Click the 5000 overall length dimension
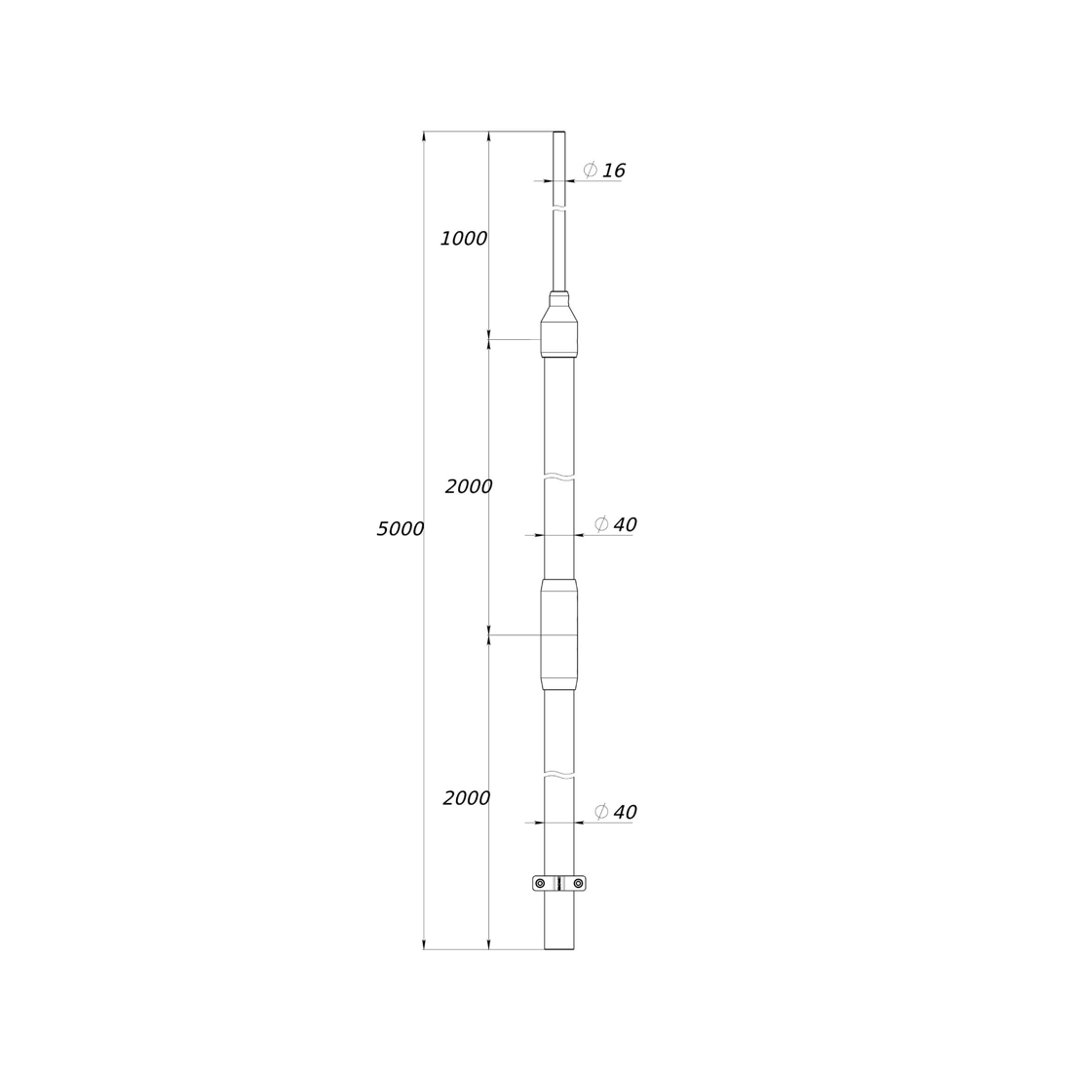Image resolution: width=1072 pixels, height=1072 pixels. [x=401, y=528]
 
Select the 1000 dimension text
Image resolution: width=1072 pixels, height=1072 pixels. [x=464, y=239]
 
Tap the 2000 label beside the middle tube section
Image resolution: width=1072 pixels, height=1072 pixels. [x=469, y=486]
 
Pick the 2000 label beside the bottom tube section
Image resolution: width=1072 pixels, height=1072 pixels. [x=467, y=798]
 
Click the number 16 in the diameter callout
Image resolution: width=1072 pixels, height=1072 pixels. [x=614, y=171]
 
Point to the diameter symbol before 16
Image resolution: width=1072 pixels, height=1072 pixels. [x=590, y=170]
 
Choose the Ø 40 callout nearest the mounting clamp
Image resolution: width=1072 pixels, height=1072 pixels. [x=616, y=812]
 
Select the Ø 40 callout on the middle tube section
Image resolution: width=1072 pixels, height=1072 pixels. [x=616, y=524]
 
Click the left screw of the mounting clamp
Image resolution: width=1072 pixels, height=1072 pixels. [x=541, y=883]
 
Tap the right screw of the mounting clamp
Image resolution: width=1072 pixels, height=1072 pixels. [x=578, y=883]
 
